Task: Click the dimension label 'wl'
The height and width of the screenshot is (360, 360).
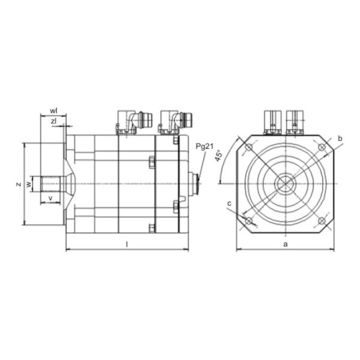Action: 53,111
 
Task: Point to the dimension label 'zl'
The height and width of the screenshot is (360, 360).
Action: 53,121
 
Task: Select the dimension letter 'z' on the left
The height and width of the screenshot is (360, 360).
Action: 19,184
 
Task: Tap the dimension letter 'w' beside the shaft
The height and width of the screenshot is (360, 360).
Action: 28,184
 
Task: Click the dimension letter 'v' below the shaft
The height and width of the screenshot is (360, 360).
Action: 51,198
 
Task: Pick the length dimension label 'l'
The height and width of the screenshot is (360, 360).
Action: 127,245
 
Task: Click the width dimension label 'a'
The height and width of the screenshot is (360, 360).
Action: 286,244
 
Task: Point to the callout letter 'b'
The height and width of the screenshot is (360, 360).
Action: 340,139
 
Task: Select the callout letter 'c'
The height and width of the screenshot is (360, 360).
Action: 229,203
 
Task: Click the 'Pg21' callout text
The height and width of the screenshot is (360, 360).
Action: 205,146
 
